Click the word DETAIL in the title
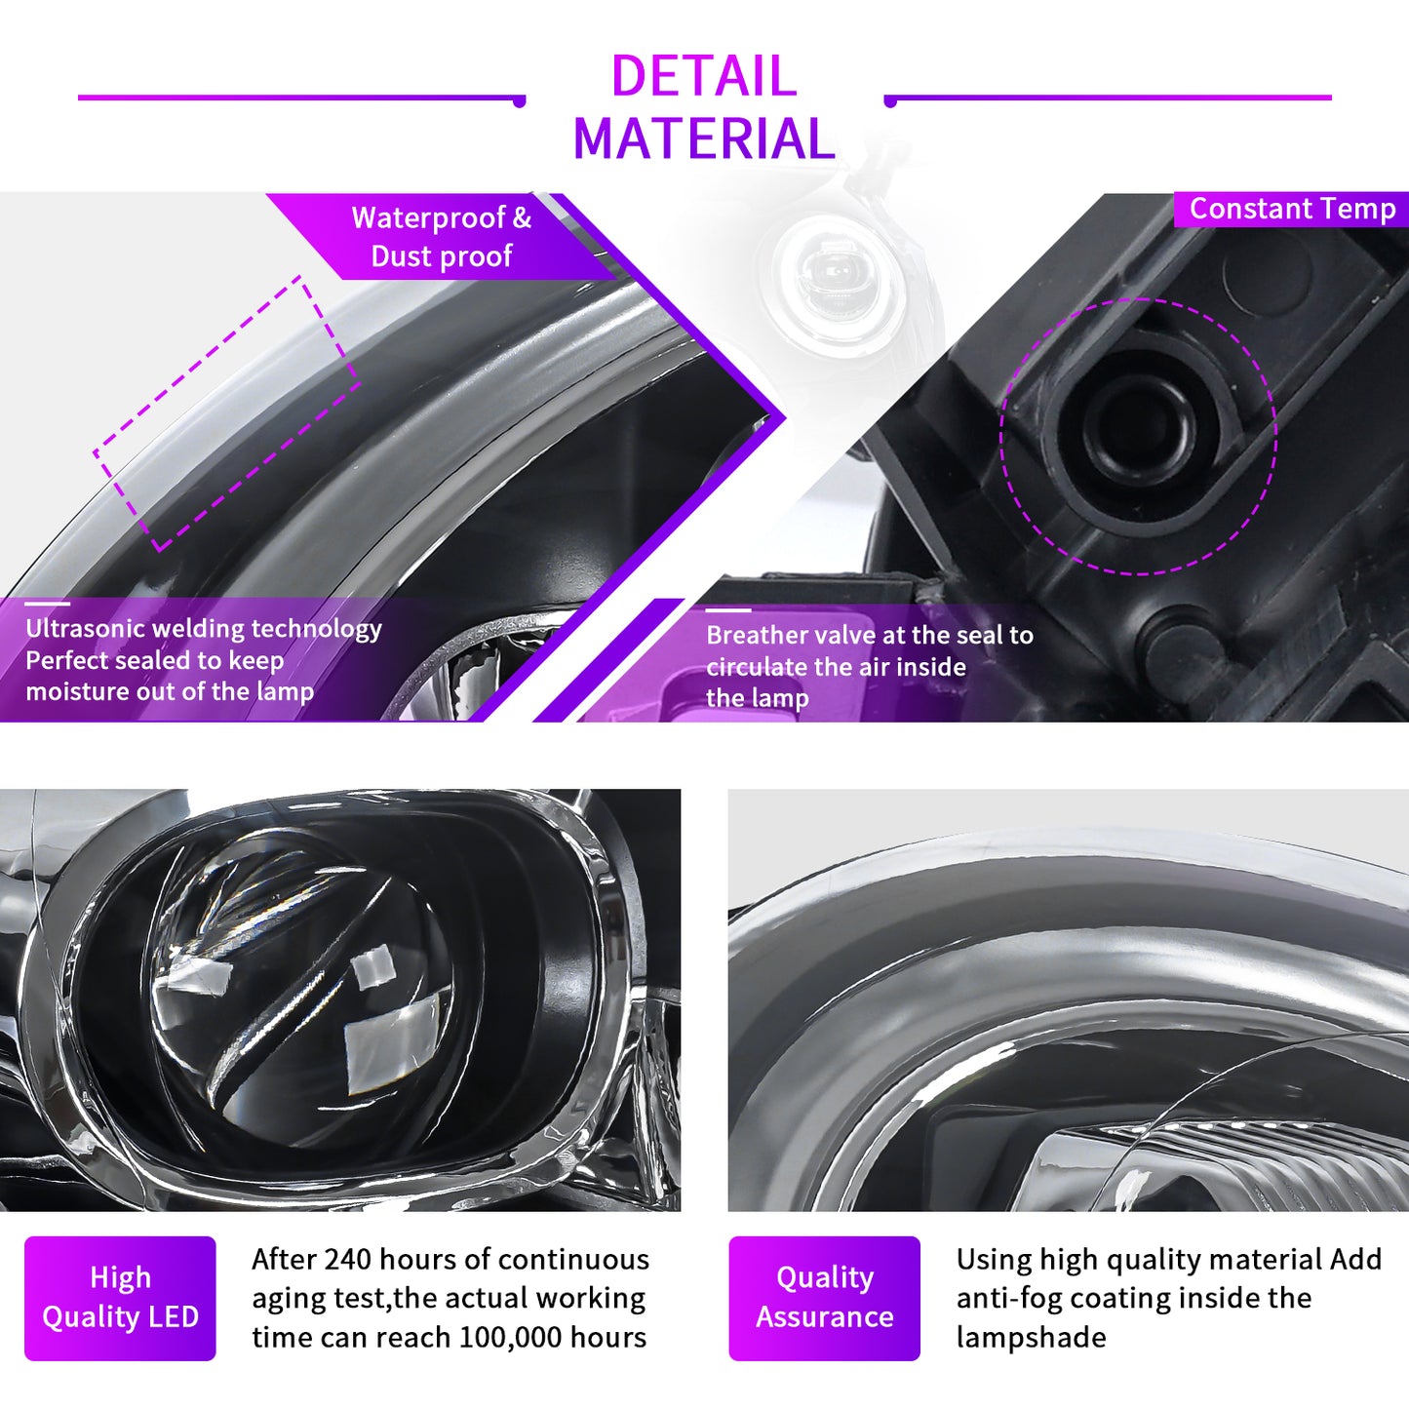point(703,76)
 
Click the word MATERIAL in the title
point(703,138)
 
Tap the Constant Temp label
point(1292,209)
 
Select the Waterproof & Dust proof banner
point(441,236)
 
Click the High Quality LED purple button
point(120,1298)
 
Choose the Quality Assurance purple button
point(825,1298)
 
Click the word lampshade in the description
point(1031,1338)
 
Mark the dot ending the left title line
point(520,101)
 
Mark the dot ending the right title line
point(890,101)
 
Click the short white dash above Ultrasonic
point(48,604)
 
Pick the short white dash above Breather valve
point(728,609)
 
